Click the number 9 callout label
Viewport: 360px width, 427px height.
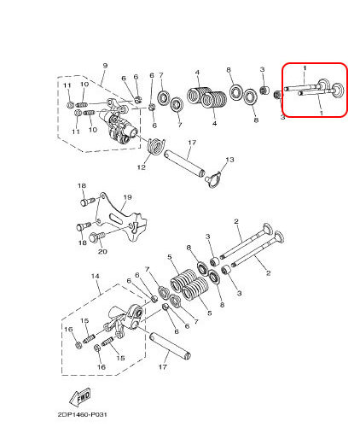pos(105,66)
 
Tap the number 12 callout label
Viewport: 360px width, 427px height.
pos(142,167)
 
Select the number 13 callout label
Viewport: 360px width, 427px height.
pos(229,160)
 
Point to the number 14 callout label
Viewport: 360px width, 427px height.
pos(96,276)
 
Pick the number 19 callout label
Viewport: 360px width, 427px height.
pos(128,197)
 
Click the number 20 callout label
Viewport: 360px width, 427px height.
pos(102,251)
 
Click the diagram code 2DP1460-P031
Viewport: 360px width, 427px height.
pos(83,414)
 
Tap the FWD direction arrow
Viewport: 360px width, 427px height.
pos(81,397)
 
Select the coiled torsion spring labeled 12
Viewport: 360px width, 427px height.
pos(155,146)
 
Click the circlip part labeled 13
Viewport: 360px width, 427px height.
pos(213,180)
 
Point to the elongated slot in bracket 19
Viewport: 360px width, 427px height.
pos(117,219)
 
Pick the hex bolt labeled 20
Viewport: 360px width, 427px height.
pos(96,237)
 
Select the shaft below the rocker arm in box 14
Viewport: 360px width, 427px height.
pos(170,346)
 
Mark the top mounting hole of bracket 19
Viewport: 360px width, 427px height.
pos(102,196)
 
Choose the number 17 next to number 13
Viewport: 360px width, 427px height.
pos(192,142)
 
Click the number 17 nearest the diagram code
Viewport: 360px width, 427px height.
pos(162,366)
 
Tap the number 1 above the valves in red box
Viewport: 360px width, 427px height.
pos(305,68)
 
